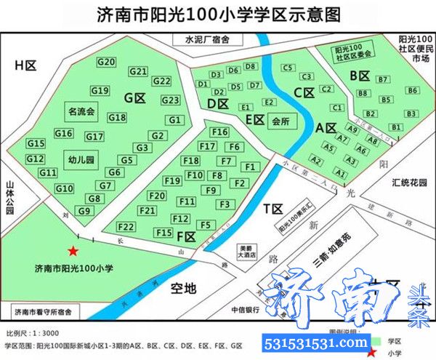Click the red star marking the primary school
pyautogui.click(x=73, y=251)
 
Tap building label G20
pyautogui.click(x=106, y=63)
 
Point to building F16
pyautogui.click(x=219, y=132)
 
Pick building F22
pyautogui.click(x=126, y=226)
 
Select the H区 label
pyautogui.click(x=25, y=65)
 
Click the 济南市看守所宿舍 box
pyautogui.click(x=41, y=312)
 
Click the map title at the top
pyautogui.click(x=218, y=15)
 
